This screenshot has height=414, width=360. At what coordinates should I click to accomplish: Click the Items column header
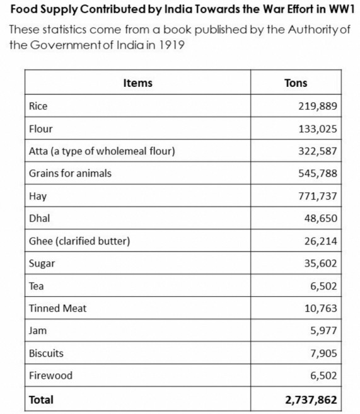tap(137, 83)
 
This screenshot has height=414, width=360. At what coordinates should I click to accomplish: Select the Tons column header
tap(296, 83)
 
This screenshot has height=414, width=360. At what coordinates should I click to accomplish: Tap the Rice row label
tap(38, 106)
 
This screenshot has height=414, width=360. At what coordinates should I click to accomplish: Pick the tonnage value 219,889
tap(318, 106)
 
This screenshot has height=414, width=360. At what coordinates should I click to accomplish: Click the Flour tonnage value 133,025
tap(318, 129)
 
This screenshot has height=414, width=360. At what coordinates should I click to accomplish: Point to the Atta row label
tap(102, 151)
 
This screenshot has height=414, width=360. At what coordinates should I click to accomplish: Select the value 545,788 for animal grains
tap(318, 173)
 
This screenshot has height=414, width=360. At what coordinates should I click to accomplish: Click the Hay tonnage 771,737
tap(318, 196)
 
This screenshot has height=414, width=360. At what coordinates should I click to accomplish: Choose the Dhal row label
tap(39, 219)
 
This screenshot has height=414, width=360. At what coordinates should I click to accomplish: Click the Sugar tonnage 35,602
tap(320, 263)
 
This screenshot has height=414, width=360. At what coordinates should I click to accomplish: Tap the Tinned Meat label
tap(58, 308)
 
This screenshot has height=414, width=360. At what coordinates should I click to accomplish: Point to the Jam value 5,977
tap(323, 330)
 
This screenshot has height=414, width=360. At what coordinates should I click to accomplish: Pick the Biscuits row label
tap(47, 353)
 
